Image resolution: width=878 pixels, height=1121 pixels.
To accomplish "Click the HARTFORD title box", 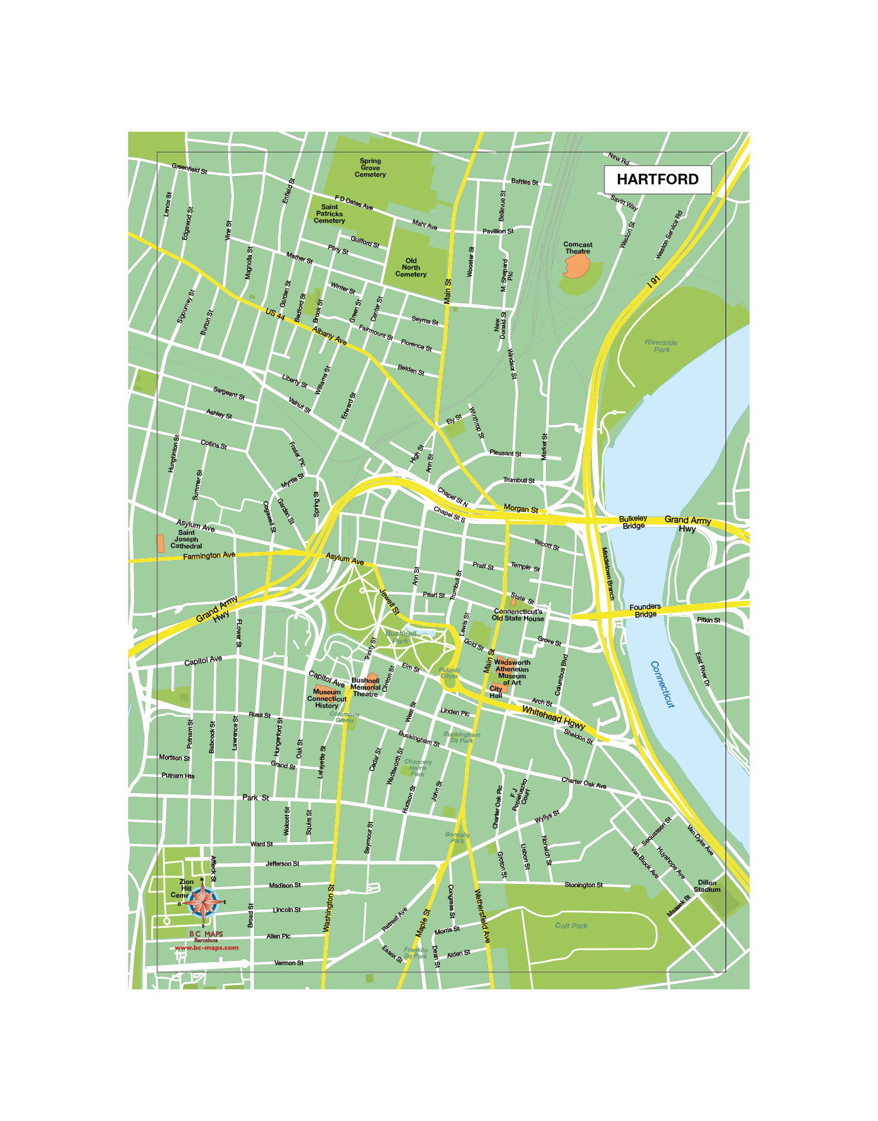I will coord(657,179).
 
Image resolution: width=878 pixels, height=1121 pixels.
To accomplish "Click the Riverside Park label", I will coord(661,346).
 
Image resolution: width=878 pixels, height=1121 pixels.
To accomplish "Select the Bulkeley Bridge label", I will coord(633,522).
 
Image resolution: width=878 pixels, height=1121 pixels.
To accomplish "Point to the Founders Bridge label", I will coord(645,610).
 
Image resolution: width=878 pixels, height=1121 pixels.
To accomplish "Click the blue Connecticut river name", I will coord(662,684).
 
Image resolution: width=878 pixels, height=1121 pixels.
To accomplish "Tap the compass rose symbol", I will coord(203,901).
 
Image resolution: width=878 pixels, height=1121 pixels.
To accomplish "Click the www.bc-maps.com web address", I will coord(207,947).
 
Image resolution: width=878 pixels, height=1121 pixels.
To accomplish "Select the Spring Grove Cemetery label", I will coord(370,167).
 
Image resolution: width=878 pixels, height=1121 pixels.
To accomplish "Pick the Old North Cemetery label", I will coord(411,267).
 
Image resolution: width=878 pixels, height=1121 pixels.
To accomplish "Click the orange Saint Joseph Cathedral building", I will coord(160,543).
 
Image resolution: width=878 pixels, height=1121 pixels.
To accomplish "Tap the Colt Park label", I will coord(571,925).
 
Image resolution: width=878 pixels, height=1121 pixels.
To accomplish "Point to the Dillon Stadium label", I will coord(707,885).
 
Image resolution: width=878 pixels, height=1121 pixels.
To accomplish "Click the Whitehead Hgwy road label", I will coord(553,717).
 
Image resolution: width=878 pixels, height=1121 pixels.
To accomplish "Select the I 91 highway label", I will coord(653,281).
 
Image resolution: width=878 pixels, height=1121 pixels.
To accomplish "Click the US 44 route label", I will coord(275,314).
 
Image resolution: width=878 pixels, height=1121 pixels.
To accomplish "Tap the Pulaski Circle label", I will coord(449,672).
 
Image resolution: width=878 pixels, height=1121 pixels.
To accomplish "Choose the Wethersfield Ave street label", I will coord(482,915).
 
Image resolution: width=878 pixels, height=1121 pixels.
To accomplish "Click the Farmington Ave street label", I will coord(209,555).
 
